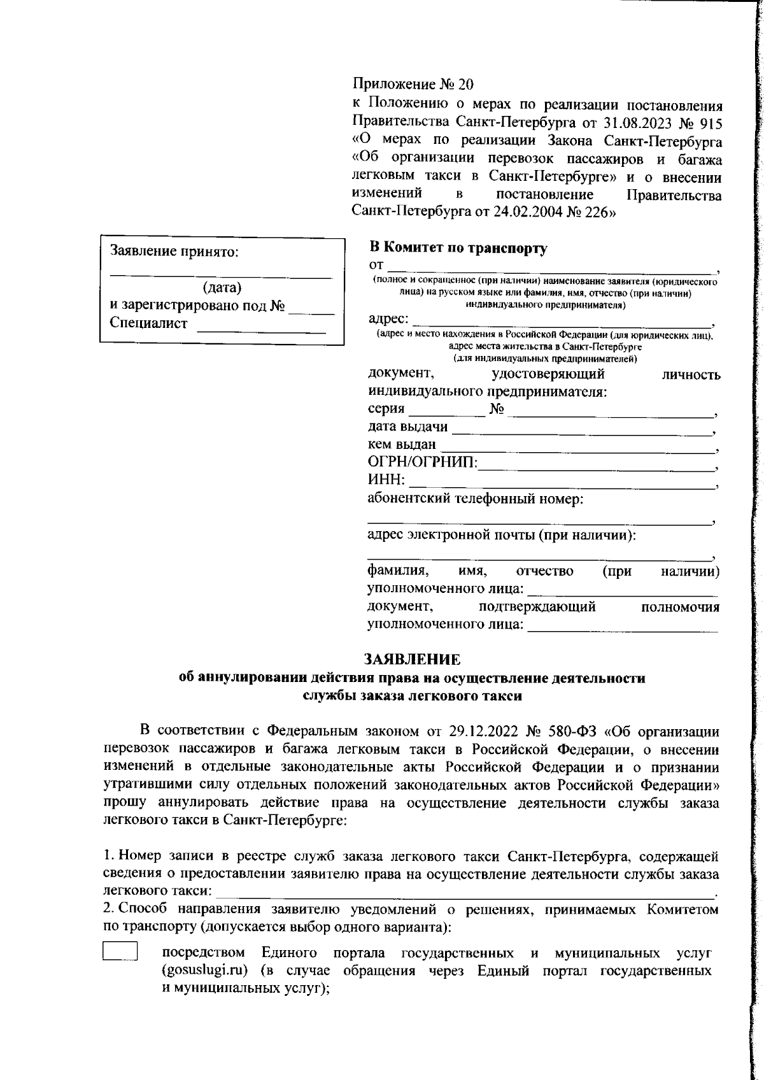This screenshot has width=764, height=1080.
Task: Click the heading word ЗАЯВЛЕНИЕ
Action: (x=411, y=659)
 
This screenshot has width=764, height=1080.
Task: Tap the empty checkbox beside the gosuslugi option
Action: (x=121, y=951)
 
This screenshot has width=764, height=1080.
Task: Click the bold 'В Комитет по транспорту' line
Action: (x=458, y=248)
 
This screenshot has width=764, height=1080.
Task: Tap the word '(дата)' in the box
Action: (x=222, y=287)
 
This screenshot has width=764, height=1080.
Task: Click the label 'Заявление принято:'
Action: (x=174, y=251)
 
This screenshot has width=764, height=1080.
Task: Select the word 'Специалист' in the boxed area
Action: (x=148, y=323)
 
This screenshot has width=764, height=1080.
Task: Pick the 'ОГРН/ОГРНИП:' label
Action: (x=423, y=463)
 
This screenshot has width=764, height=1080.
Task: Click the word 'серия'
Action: (x=386, y=409)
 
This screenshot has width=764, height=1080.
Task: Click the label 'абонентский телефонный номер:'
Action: (x=476, y=499)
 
